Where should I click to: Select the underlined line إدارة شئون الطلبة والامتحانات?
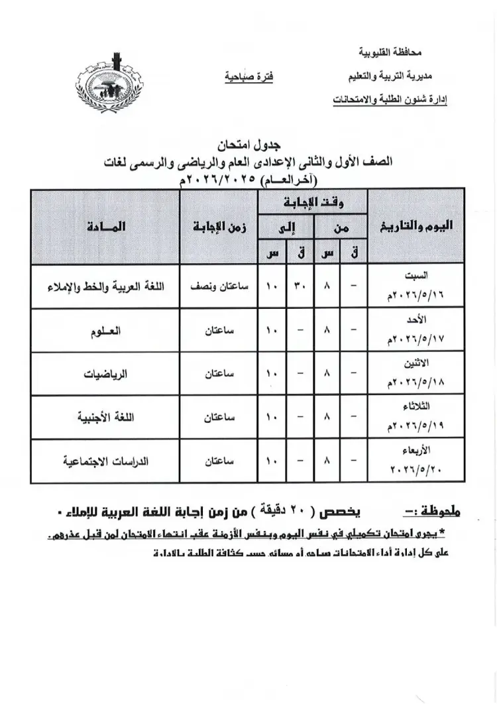(390, 100)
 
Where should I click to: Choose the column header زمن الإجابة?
(216, 226)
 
